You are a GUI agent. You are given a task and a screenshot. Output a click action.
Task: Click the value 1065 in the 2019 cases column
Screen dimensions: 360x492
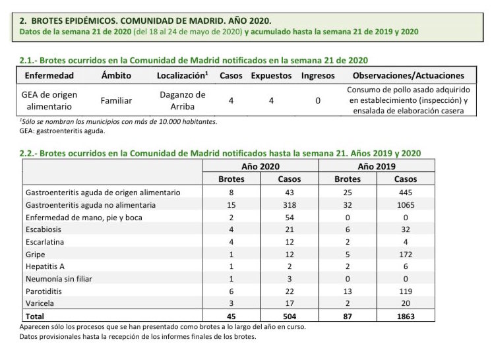[405, 205]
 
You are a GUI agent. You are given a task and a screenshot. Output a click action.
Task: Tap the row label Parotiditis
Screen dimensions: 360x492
[45, 290]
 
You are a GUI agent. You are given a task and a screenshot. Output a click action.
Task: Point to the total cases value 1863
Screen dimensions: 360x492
[405, 316]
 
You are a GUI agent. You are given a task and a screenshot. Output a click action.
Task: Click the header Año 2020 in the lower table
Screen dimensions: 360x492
[260, 167]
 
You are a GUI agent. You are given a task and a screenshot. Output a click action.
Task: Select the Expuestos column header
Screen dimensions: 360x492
[271, 75]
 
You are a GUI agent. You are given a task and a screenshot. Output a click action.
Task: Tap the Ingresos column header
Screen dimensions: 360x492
[318, 75]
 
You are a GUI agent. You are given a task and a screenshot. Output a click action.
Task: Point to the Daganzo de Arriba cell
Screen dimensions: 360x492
[183, 101]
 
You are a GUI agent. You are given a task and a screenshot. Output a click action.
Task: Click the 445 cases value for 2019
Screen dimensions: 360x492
[405, 193]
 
